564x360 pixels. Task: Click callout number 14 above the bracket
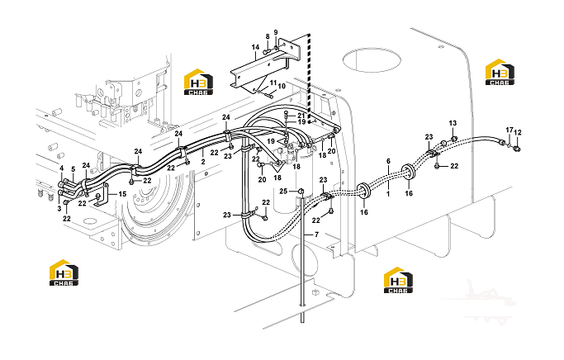[255, 47]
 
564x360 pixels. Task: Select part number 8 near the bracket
[268, 36]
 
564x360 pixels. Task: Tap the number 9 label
[276, 32]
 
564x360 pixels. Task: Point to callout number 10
[282, 86]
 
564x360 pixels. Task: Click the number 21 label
[301, 116]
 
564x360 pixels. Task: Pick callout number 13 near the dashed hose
[453, 123]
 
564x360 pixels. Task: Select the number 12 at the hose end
[518, 132]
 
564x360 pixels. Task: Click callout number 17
[509, 130]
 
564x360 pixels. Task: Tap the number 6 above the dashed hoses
[388, 161]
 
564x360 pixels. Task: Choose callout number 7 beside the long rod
[316, 234]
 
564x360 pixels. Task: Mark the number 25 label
[283, 191]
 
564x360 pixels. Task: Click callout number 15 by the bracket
[122, 194]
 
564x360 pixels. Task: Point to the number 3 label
[59, 209]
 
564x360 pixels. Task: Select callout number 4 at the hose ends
[61, 168]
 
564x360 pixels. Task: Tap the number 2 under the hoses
[203, 162]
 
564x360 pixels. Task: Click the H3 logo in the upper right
[500, 72]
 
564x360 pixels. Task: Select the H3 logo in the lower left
[64, 272]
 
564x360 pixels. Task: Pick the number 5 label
[73, 169]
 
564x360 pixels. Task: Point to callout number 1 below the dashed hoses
[388, 194]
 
